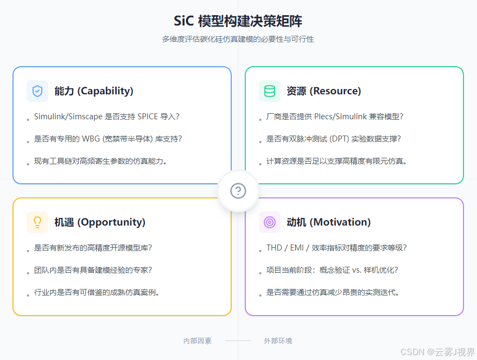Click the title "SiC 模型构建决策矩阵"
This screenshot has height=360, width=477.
click(x=238, y=21)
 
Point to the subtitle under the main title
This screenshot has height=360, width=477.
click(x=238, y=40)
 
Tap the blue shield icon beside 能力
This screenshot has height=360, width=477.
click(x=37, y=91)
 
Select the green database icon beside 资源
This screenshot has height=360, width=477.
click(x=270, y=91)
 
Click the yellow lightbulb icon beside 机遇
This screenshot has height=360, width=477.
click(x=37, y=222)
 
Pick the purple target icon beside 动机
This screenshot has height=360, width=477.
click(x=270, y=222)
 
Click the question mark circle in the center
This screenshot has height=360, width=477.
click(x=238, y=191)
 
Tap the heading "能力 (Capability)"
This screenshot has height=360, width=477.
click(x=94, y=91)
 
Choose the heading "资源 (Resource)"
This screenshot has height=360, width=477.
click(x=323, y=91)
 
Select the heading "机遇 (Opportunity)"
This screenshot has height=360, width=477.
click(x=100, y=222)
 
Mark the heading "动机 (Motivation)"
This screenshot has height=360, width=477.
click(x=328, y=222)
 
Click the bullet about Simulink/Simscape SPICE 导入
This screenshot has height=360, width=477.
click(x=106, y=117)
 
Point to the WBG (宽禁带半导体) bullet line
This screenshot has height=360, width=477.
click(x=107, y=139)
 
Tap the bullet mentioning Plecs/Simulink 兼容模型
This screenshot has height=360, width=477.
click(x=334, y=117)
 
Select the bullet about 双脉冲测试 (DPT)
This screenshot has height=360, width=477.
click(x=333, y=139)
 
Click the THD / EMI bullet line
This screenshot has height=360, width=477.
click(x=336, y=248)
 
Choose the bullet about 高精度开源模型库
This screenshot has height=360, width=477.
click(x=93, y=248)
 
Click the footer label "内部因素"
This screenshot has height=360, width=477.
click(x=198, y=340)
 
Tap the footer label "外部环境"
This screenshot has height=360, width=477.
click(x=278, y=340)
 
